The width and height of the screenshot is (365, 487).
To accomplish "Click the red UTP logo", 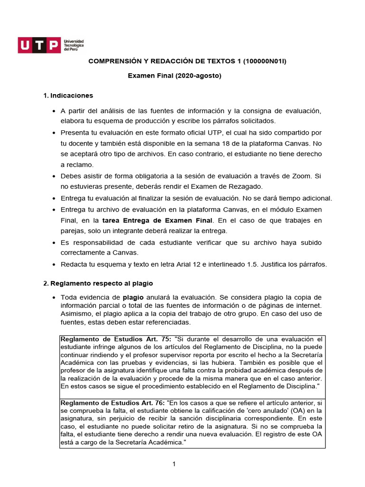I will click(39, 46).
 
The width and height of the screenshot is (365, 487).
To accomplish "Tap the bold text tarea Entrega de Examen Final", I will click(158, 220).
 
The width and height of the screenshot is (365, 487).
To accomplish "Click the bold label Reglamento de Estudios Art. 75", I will click(115, 339).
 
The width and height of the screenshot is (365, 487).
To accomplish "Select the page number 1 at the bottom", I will click(174, 465).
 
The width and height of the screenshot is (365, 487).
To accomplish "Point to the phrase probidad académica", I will click(249, 370).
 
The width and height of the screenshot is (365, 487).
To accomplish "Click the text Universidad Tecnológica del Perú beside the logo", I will click(74, 46).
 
